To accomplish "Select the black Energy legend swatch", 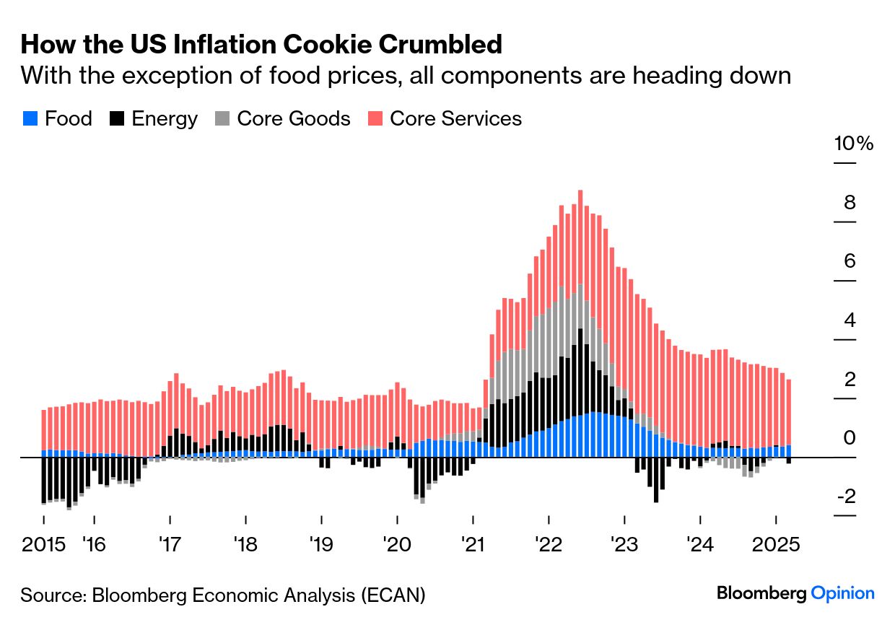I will tap(115, 119).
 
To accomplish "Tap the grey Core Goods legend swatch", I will tap(221, 119).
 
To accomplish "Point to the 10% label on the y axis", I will tap(854, 143).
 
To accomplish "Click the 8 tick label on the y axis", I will tap(850, 203).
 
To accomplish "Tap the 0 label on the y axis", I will tap(850, 438).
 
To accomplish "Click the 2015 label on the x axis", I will tap(43, 543).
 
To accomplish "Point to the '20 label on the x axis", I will tap(397, 543).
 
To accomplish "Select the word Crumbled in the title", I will tap(440, 45).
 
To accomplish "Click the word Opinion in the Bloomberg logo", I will tap(842, 593).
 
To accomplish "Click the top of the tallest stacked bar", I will tap(580, 192).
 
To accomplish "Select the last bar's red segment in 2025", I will tap(788, 411).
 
